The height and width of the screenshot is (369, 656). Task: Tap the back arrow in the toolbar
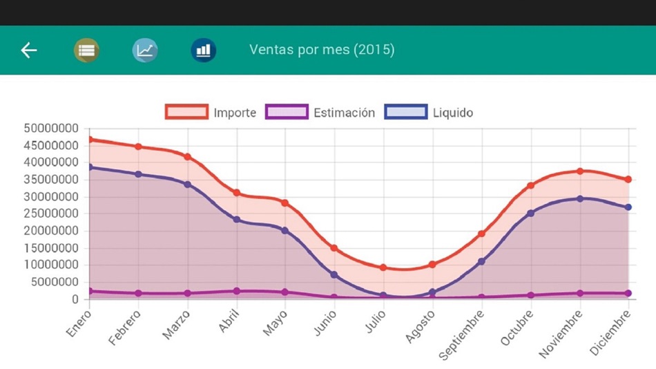pos(29,50)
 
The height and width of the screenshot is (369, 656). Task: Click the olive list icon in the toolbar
pos(86,50)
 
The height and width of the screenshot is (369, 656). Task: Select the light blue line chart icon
pos(145,50)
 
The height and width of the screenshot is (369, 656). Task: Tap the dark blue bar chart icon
pos(204,50)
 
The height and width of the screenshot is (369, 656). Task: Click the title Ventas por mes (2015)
pos(322,50)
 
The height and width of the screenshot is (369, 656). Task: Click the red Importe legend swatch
pos(186,113)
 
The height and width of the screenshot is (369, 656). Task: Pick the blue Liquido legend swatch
pos(405,113)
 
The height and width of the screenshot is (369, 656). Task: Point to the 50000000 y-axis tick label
pos(51,129)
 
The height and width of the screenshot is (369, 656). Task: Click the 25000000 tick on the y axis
pos(51,214)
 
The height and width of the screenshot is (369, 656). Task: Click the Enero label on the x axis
pos(78,324)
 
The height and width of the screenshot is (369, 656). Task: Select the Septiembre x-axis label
pos(463,334)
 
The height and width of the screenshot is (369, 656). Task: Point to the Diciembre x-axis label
pos(610,332)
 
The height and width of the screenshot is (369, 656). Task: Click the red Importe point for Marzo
pos(187,157)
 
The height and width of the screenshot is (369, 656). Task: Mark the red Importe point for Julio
pos(383,267)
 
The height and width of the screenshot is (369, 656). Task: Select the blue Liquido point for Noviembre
pos(580,199)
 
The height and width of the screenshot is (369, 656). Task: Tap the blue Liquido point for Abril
pos(236,220)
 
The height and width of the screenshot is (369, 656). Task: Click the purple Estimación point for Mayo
pos(285,292)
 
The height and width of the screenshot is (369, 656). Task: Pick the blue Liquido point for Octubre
pos(531,214)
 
